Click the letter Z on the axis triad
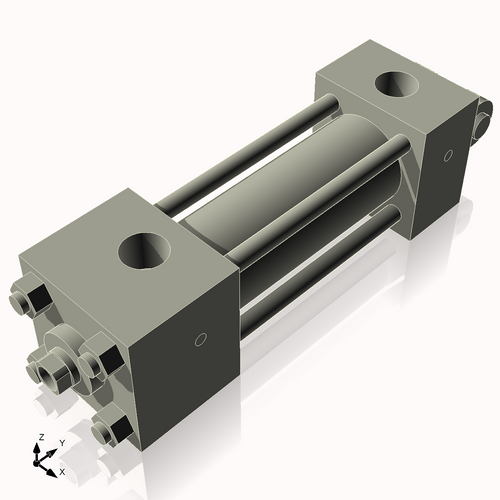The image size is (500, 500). pyautogui.click(x=40, y=437)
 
